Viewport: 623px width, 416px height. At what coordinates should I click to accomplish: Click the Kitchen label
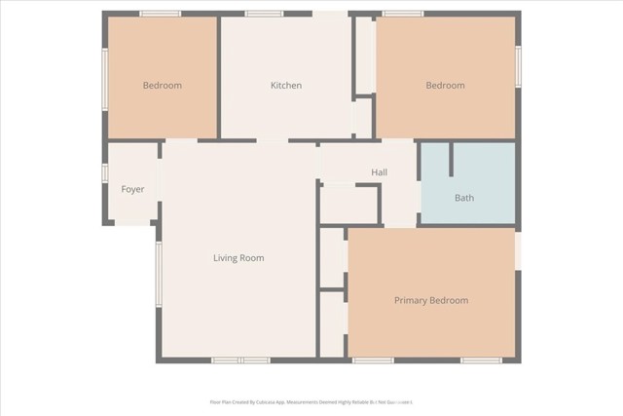pos(285,86)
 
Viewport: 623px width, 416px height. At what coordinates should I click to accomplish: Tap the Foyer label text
pos(132,189)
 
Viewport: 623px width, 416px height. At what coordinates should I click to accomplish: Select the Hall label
pos(379,172)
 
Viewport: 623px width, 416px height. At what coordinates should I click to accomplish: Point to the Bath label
pos(464,198)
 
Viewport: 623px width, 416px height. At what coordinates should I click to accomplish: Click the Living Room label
pos(238,258)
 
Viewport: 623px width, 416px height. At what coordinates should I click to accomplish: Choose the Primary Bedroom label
pos(430,300)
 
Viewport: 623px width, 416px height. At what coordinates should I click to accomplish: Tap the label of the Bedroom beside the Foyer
pos(162,86)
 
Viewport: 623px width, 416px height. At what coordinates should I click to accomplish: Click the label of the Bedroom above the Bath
pos(445,86)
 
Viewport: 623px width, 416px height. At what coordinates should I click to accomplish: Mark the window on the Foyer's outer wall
pos(104,172)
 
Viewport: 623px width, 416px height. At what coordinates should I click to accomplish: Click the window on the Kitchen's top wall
pos(264,14)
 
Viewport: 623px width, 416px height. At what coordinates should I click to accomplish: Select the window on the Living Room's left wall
pos(158,274)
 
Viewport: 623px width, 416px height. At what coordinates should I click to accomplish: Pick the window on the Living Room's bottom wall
pos(240,360)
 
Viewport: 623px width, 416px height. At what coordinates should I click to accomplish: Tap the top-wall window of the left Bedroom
pos(160,14)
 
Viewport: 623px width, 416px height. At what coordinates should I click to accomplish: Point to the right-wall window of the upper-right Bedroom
pos(518,66)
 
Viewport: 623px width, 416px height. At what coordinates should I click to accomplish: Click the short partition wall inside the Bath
pos(451,160)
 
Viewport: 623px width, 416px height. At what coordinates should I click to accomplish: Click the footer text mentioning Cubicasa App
pos(311,400)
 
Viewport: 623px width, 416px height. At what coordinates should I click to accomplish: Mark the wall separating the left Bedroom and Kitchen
pos(219,76)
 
